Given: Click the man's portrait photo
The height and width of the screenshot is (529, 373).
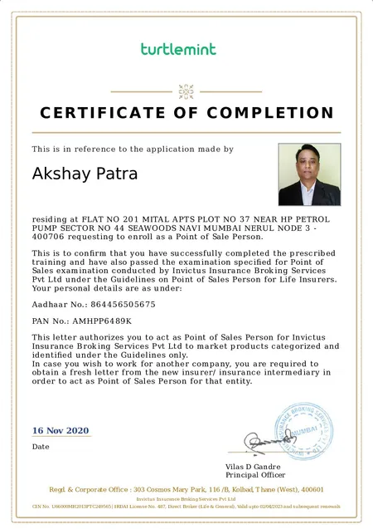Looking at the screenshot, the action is pyautogui.click(x=309, y=174).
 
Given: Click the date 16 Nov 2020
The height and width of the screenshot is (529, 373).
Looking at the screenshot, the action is pyautogui.click(x=60, y=430).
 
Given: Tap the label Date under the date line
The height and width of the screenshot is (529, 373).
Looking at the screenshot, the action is pyautogui.click(x=41, y=447).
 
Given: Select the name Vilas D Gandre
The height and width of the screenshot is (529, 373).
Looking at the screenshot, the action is pyautogui.click(x=254, y=467).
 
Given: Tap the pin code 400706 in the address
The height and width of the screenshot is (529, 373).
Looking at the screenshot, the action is pyautogui.click(x=51, y=238).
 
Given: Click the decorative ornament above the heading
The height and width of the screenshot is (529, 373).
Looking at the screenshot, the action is pyautogui.click(x=186, y=90).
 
